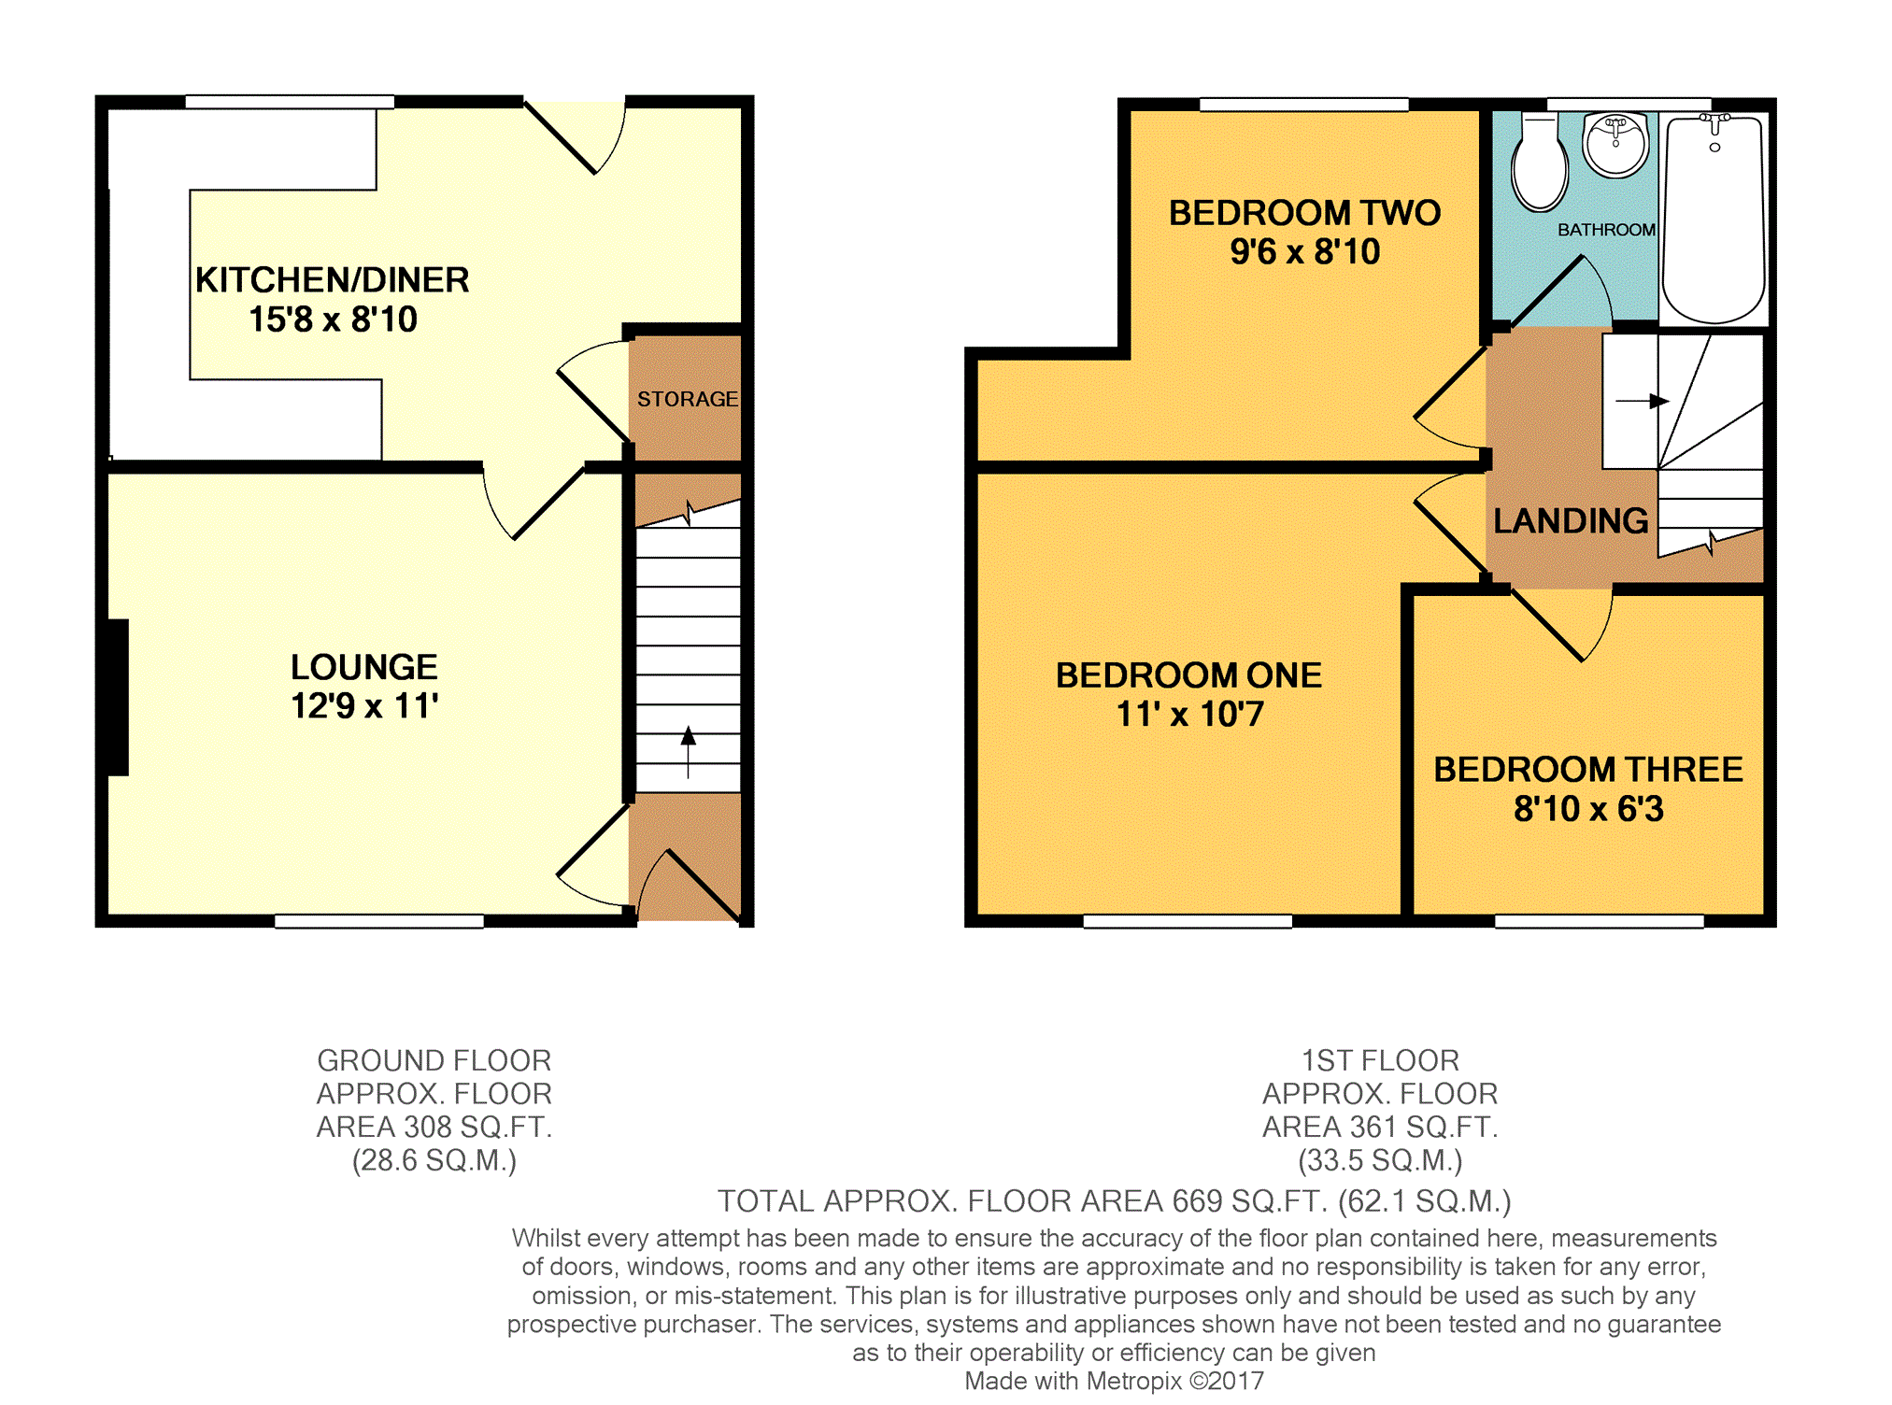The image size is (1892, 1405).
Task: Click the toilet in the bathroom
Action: [x=1539, y=163]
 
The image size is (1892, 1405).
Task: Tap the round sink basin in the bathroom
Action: [x=1615, y=146]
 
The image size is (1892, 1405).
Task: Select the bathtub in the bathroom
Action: [x=1714, y=220]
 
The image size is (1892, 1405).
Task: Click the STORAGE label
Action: [x=688, y=399]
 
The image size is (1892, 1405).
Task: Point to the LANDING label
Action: [x=1571, y=520]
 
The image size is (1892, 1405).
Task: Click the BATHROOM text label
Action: [x=1606, y=230]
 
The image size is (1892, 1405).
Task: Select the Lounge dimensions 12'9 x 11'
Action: [x=364, y=706]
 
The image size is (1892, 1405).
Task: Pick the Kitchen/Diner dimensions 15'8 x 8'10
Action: [x=333, y=319]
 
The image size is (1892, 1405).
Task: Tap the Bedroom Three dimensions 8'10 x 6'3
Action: [x=1588, y=809]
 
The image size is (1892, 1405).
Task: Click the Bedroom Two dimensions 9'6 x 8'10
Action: [x=1304, y=251]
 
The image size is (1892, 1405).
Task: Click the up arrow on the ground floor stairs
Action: [x=689, y=751]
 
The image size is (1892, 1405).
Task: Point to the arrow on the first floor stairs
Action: [x=1643, y=401]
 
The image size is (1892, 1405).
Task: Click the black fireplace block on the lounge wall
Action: [x=118, y=697]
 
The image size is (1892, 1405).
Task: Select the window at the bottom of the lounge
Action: [x=379, y=921]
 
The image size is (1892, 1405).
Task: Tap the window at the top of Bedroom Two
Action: [x=1303, y=105]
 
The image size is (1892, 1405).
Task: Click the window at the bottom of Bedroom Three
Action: [x=1599, y=921]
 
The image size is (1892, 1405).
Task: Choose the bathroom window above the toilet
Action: [x=1629, y=105]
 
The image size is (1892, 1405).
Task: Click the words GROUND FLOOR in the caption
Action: [x=434, y=1060]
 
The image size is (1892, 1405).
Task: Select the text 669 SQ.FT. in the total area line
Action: [x=1250, y=1200]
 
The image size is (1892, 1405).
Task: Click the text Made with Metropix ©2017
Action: [x=1114, y=1381]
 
